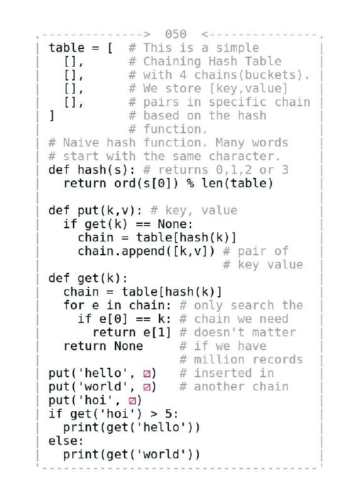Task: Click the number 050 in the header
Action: tap(176, 34)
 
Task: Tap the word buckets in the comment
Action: tap(270, 75)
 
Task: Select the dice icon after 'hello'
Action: tap(147, 373)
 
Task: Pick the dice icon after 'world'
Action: tap(147, 387)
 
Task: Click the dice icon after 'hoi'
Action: tap(133, 401)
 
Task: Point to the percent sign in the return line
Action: tap(190, 184)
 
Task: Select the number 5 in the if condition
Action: tap(168, 414)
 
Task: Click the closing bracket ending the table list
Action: tap(52, 116)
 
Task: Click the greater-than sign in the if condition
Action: tap(154, 414)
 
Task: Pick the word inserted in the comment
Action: tap(223, 373)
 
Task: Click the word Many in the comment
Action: tap(230, 143)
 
